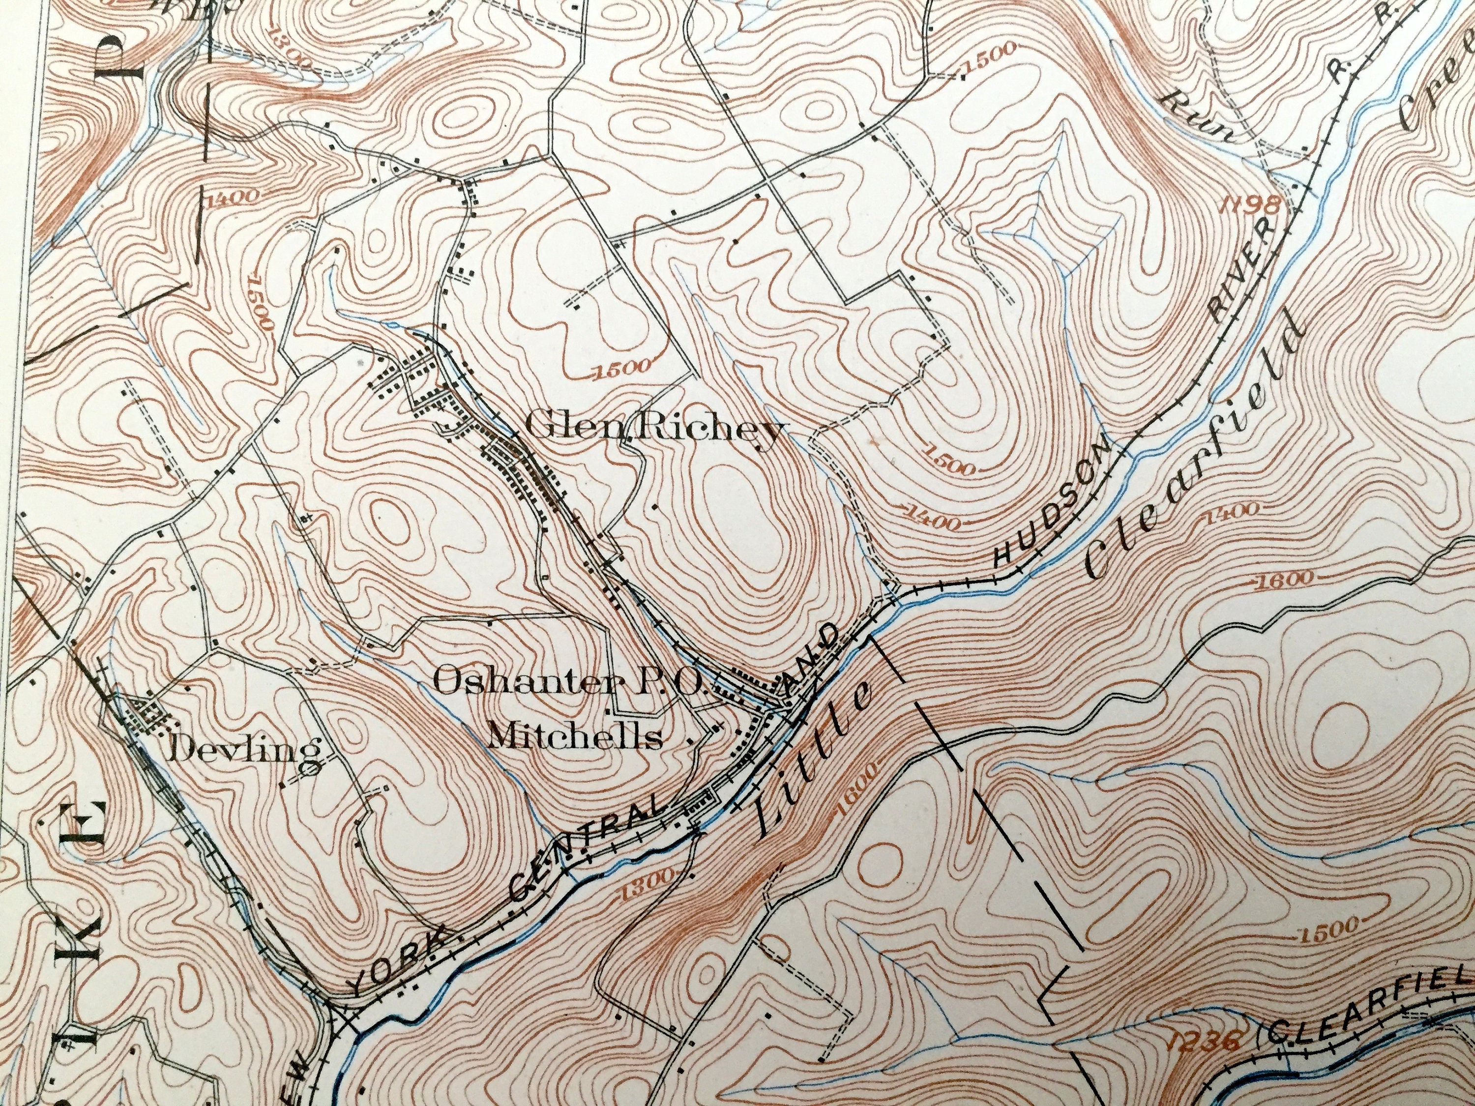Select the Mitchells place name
tap(575, 737)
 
